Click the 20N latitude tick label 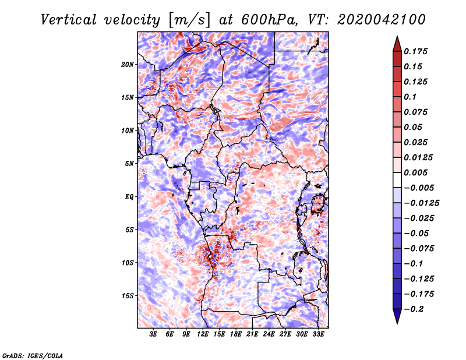pos(128,64)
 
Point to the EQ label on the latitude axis pos(129,196)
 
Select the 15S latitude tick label pos(128,295)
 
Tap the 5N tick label pos(129,163)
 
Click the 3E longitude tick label pos(153,334)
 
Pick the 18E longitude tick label pos(236,334)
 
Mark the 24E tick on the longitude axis pos(269,334)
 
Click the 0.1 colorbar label pos(410,97)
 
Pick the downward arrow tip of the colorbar pos(397,322)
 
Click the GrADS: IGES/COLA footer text pos(32,355)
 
